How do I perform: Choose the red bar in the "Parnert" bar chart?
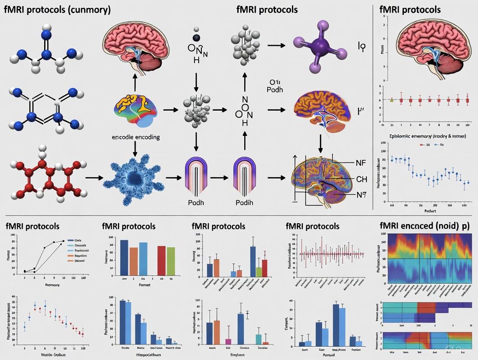point(161,261)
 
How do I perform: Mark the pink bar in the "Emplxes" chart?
point(228,341)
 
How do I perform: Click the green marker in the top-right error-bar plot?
point(392,100)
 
